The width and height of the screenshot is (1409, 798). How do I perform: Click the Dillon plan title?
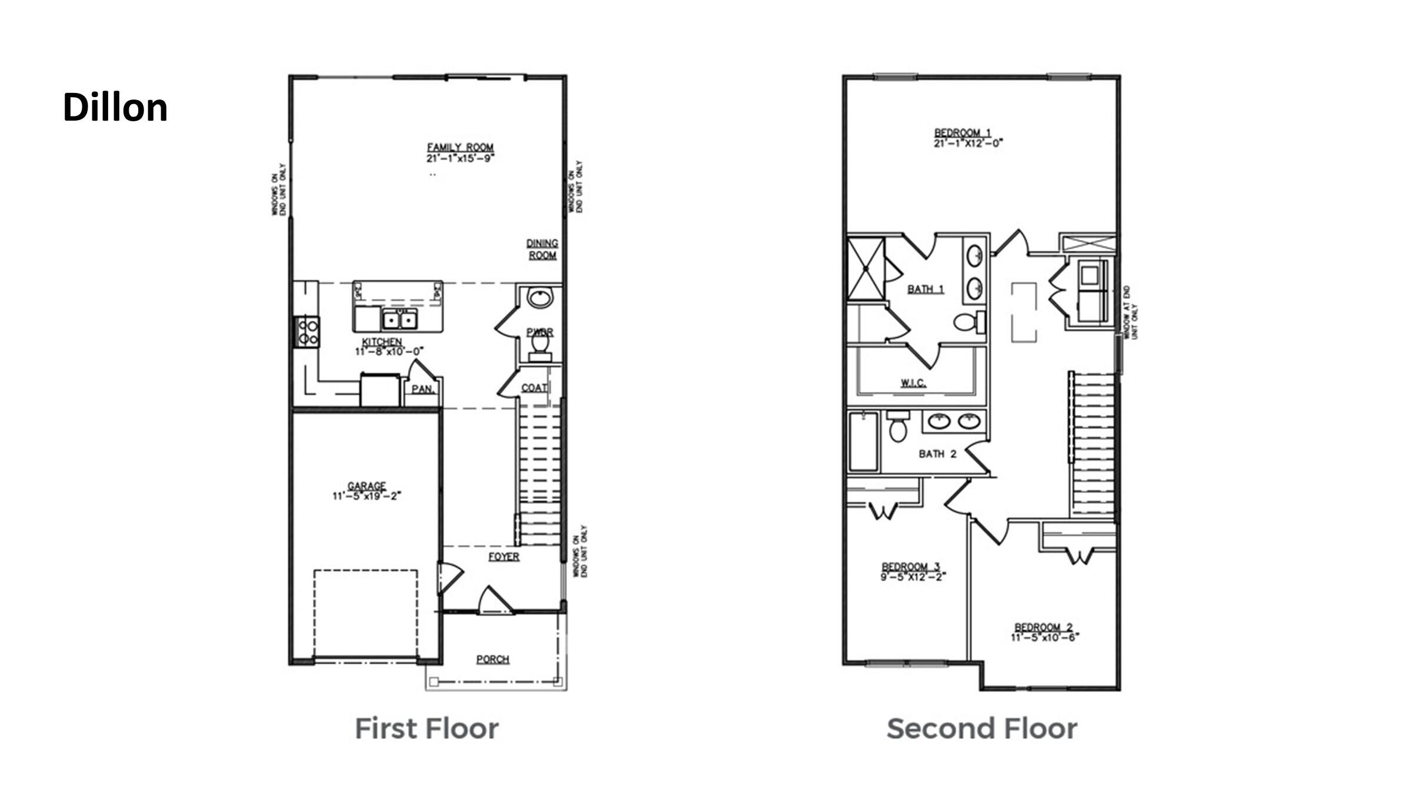(x=115, y=108)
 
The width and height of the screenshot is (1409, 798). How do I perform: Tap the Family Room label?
(x=460, y=147)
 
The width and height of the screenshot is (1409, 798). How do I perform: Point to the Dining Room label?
(x=542, y=249)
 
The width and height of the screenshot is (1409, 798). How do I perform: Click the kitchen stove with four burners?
(x=307, y=332)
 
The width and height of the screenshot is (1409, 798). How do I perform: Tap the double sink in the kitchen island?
(x=400, y=320)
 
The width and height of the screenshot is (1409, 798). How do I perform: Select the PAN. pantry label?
(x=422, y=389)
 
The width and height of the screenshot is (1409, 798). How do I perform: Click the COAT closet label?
(x=534, y=388)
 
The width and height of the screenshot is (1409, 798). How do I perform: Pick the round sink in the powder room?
(x=539, y=298)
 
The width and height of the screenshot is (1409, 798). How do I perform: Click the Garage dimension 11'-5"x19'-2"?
(x=366, y=496)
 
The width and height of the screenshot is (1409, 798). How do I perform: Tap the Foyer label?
(x=503, y=556)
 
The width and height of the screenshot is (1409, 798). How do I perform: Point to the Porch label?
(x=492, y=659)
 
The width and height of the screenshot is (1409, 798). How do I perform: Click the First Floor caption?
(x=426, y=729)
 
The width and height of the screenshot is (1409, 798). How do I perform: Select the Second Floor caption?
(x=981, y=729)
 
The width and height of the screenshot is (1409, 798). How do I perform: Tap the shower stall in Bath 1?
(x=866, y=268)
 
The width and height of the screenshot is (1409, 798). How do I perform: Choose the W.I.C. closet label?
(x=913, y=383)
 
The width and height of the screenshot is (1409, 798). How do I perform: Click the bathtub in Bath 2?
(x=863, y=441)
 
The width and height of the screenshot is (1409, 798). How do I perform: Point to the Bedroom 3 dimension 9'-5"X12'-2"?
(x=913, y=577)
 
